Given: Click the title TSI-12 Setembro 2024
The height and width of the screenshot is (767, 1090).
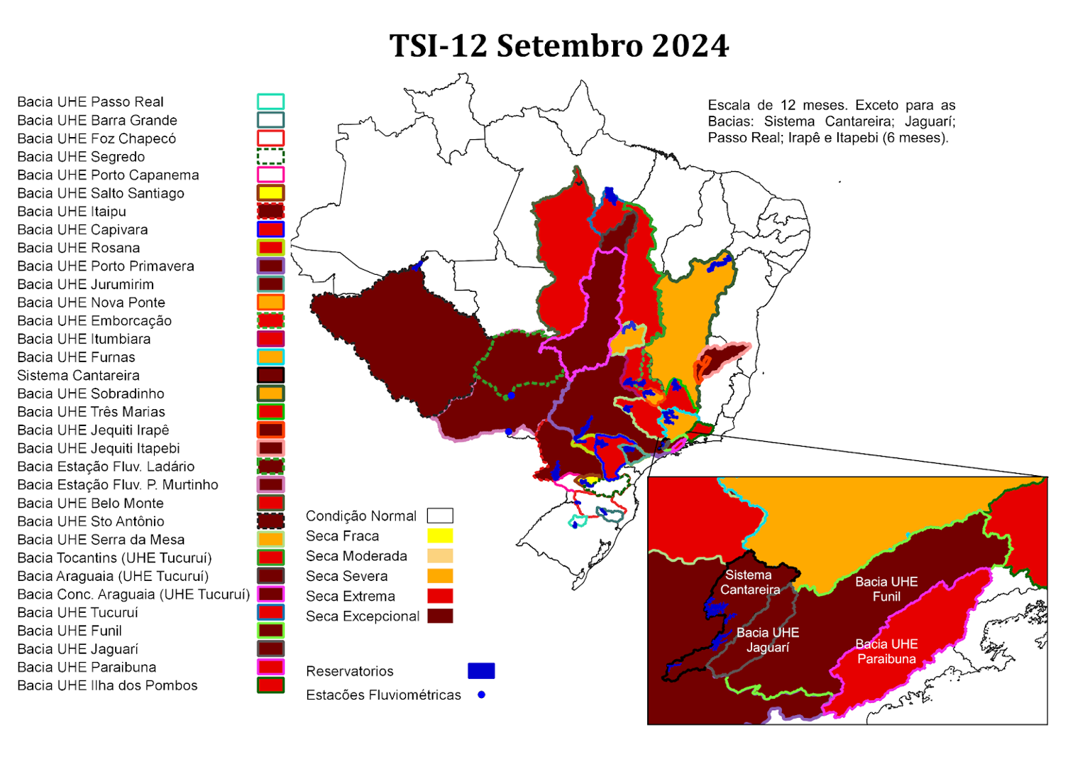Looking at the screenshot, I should point(558,46).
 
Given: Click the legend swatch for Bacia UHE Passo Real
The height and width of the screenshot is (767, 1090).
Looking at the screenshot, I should point(270,102).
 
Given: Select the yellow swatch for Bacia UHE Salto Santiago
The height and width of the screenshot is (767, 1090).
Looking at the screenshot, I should point(270,192).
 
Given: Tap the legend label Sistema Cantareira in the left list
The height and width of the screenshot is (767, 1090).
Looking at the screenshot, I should point(78,375).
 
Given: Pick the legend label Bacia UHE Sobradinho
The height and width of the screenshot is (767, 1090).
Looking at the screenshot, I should point(91,393).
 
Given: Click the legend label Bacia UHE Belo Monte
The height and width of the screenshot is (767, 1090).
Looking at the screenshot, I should point(90,503).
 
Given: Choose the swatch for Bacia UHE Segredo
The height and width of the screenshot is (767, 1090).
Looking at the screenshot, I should point(270,156).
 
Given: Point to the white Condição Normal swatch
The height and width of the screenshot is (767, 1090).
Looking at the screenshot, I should point(440,516).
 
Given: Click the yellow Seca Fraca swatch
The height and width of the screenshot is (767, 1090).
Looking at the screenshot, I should point(440,535).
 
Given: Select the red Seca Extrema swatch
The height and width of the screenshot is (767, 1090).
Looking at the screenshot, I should point(440,596).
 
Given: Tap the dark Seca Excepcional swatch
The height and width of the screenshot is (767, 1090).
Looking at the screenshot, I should point(440,616).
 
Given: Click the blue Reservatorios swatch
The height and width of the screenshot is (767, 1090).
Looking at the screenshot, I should point(481,670).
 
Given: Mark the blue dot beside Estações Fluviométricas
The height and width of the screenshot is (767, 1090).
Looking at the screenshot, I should point(481,695).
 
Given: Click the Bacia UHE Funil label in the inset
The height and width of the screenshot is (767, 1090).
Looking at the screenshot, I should point(886,589).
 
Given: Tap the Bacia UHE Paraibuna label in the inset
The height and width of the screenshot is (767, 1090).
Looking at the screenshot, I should point(886,651).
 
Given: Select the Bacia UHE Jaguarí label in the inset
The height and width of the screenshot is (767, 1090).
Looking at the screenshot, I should point(768,639).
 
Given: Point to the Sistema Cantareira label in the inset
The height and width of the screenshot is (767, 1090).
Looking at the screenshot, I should point(749,582).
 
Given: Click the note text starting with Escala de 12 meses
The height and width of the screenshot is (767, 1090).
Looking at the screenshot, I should point(831,121).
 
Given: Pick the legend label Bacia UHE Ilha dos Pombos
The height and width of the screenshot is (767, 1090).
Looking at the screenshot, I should point(107,685).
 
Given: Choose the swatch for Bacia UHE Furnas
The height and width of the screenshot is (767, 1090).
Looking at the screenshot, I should point(270,357).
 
